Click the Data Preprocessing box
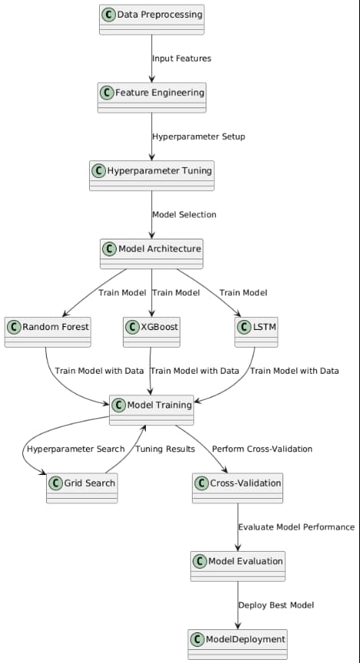(152, 19)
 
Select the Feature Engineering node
(152, 97)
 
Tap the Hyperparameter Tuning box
(151, 175)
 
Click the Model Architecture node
(152, 253)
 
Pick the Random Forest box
(48, 331)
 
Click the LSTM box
(255, 331)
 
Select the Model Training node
(151, 410)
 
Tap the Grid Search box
(82, 487)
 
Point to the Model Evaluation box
(238, 566)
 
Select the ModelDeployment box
(238, 643)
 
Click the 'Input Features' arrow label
(181, 58)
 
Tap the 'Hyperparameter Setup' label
(199, 137)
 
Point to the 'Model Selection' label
(184, 214)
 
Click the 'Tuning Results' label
(165, 449)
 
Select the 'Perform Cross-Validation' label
(262, 449)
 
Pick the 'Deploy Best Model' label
(276, 605)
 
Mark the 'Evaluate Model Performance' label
(296, 527)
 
